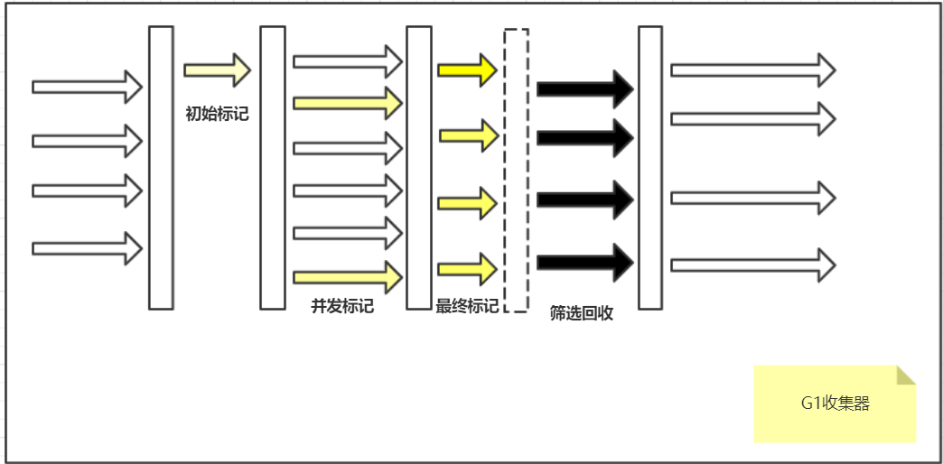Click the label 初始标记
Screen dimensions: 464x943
point(217,114)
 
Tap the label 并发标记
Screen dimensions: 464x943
point(342,306)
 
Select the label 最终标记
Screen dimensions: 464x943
point(467,306)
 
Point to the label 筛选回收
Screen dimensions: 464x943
point(582,313)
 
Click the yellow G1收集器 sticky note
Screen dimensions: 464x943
point(835,404)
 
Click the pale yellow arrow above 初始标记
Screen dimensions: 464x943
point(217,70)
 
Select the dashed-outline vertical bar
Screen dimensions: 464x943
point(516,170)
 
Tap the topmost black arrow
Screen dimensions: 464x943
point(585,88)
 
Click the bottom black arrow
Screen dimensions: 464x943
point(585,263)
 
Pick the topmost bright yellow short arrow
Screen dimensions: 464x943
point(467,70)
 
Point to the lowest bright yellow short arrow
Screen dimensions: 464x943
point(467,268)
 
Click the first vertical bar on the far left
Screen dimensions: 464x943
point(161,168)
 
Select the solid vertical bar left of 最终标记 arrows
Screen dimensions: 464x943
point(418,168)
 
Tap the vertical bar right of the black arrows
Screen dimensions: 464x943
point(650,168)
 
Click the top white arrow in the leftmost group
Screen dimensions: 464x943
point(88,87)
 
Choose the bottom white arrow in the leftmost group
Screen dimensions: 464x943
point(88,247)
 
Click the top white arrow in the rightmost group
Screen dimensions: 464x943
point(752,70)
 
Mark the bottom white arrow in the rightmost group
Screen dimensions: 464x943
point(752,264)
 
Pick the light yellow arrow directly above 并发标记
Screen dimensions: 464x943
point(348,276)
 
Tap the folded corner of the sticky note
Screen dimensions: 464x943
point(905,376)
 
